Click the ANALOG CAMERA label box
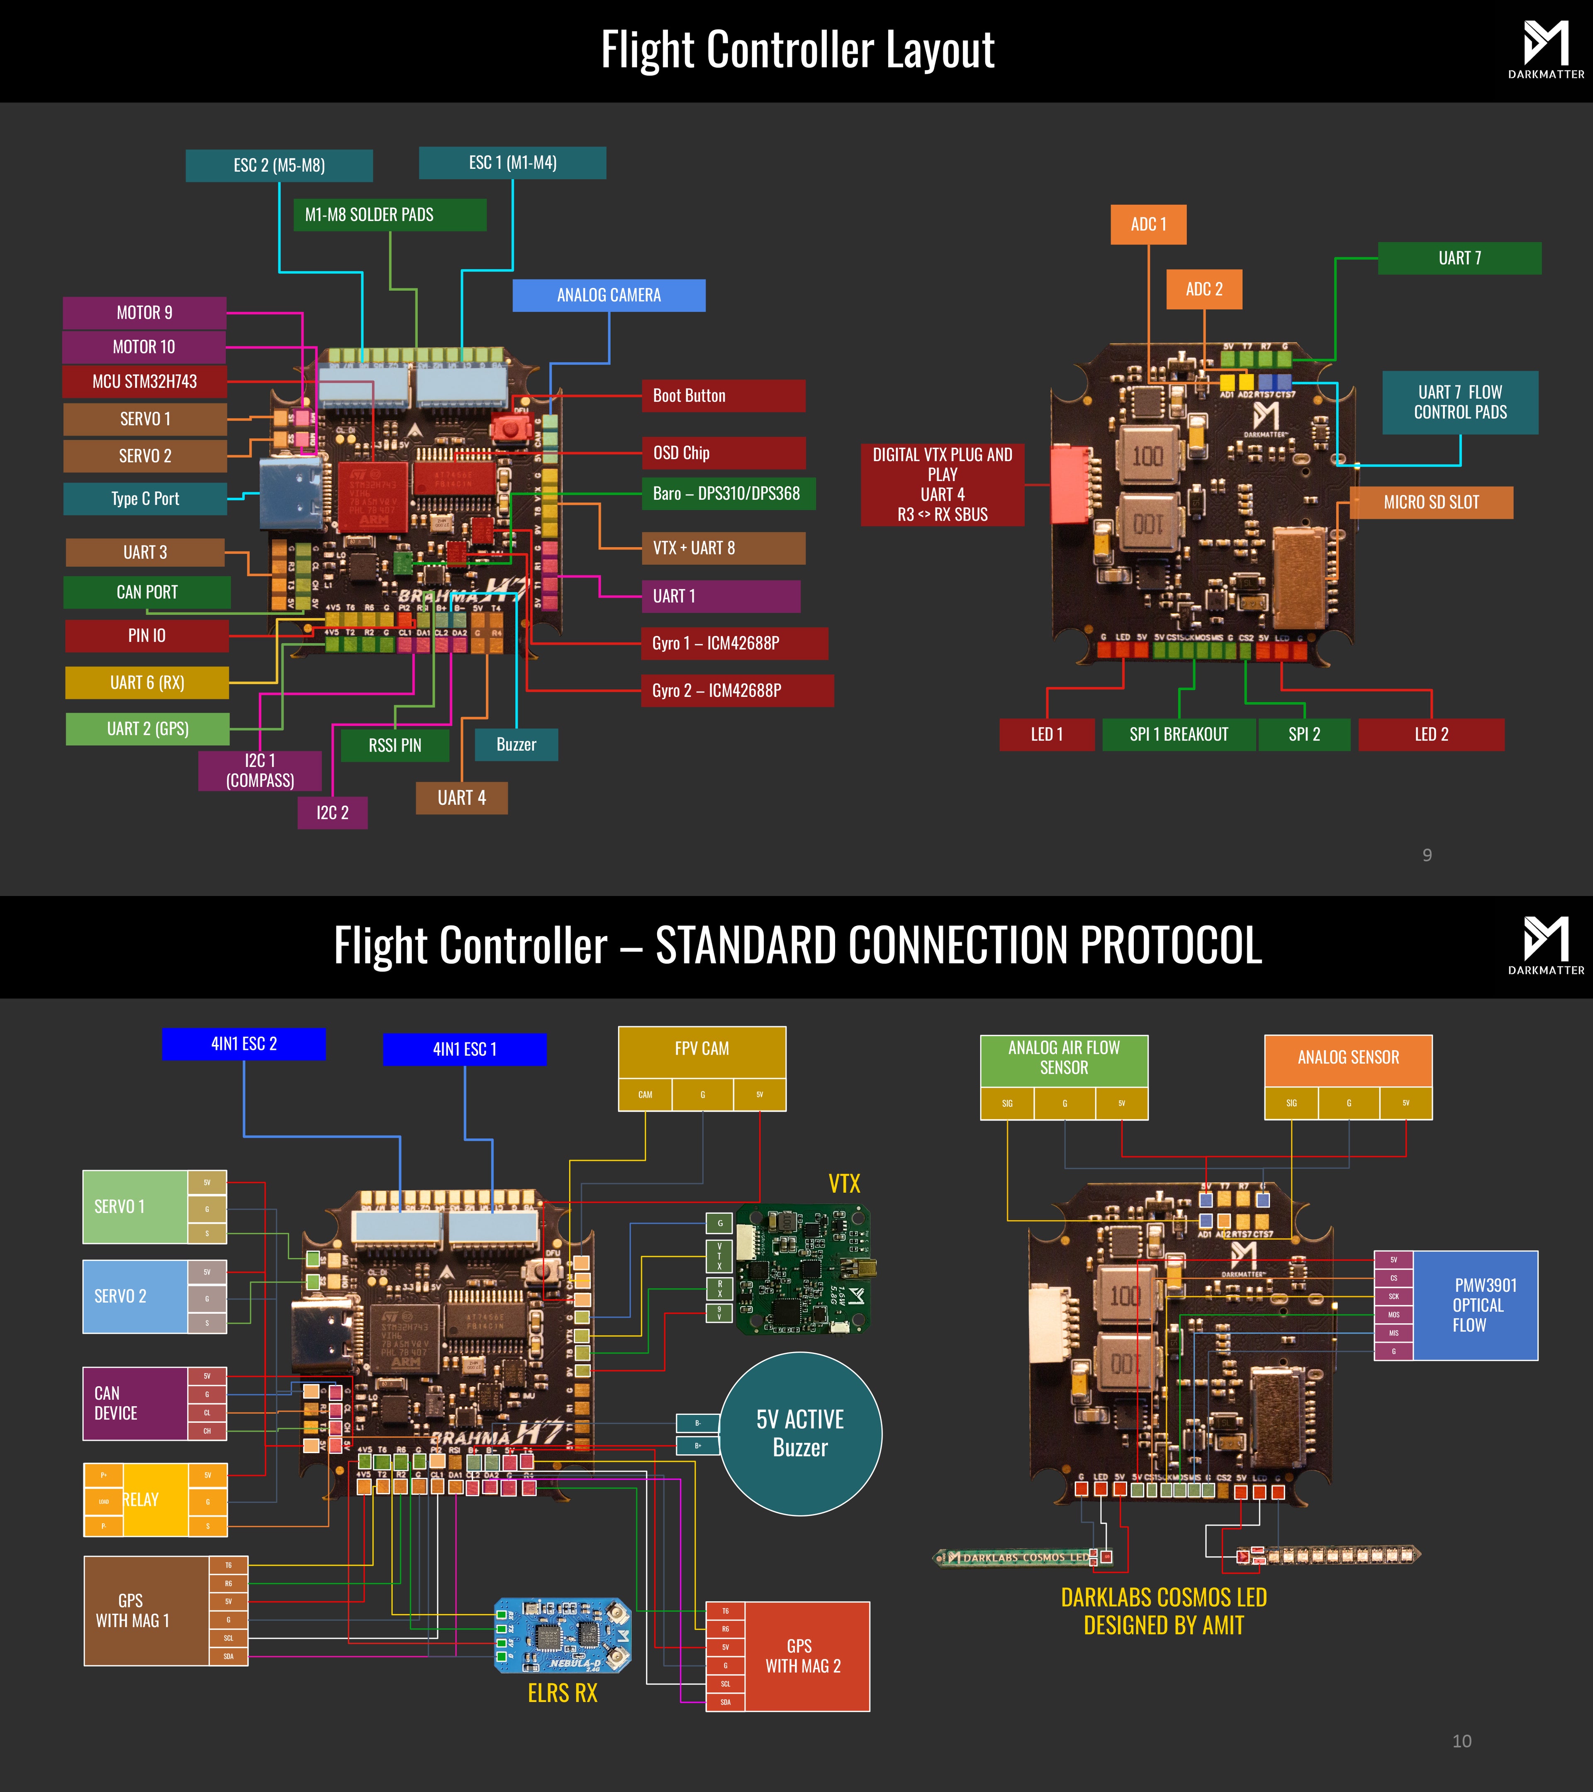point(609,295)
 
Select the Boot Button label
point(723,395)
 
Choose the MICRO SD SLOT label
point(1431,502)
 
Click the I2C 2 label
point(332,813)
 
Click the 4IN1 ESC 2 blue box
point(244,1043)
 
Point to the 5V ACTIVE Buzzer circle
point(799,1434)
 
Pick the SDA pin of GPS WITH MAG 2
point(725,1702)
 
